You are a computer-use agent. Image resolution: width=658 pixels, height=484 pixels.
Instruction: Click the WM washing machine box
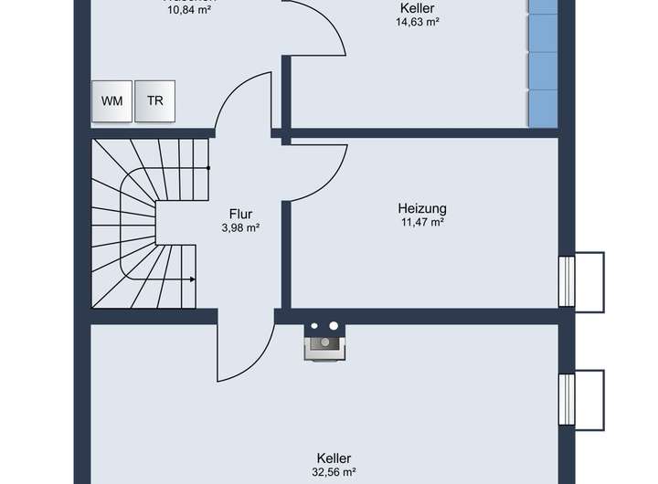coord(111,101)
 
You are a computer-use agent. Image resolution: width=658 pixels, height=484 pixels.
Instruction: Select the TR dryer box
coord(155,101)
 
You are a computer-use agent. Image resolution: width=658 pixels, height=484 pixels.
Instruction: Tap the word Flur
coord(240,215)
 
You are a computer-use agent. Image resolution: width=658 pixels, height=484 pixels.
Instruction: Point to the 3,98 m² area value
coord(240,228)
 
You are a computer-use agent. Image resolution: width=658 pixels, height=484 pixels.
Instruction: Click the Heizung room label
coord(422,207)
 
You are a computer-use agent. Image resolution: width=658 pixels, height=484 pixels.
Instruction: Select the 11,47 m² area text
coord(422,222)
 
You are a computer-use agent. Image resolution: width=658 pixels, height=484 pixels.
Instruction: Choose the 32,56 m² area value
coord(334,473)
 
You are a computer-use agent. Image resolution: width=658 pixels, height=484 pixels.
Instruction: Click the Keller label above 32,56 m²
coord(334,458)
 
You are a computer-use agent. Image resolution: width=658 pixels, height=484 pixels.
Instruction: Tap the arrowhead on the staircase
coord(192,279)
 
